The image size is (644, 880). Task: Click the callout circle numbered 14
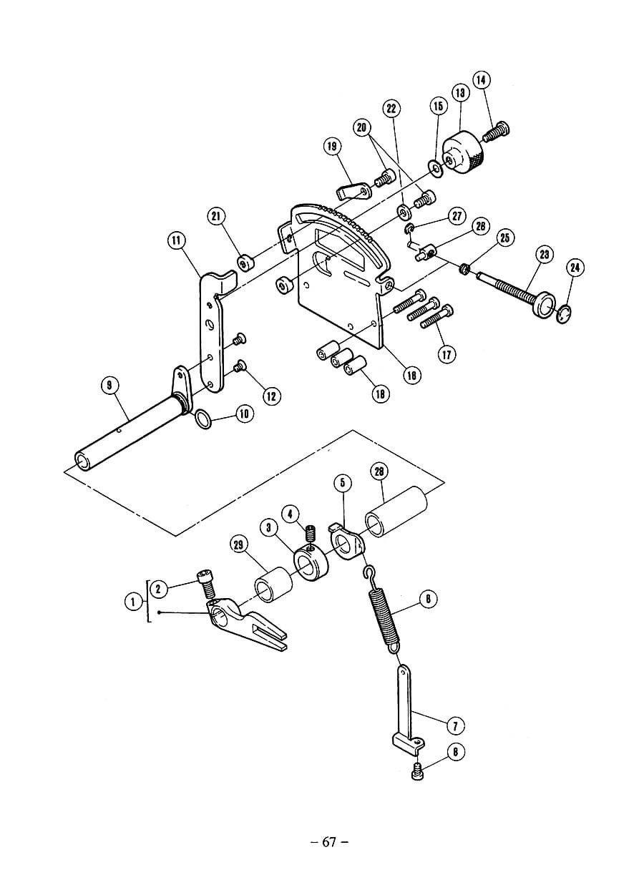pos(482,80)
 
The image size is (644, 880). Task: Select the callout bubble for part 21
pos(217,217)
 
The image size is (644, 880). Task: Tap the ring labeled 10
pos(203,419)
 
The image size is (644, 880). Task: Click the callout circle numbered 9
pos(109,386)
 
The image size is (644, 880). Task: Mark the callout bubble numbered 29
pos(240,545)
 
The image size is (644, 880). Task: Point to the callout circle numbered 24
pos(575,268)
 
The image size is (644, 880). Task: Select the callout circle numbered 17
pos(447,354)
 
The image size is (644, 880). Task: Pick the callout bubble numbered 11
pos(177,240)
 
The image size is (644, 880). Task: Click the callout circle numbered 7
pos(455,725)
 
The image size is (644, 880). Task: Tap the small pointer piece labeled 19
pos(353,191)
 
